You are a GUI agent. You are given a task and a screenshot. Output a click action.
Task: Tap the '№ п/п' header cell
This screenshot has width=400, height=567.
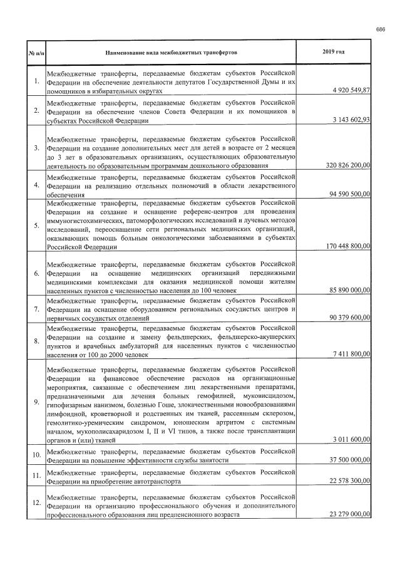(36, 49)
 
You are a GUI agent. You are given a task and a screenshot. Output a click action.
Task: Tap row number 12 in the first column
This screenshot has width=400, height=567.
(36, 503)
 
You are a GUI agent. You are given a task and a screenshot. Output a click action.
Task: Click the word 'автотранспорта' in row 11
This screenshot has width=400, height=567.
(159, 482)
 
